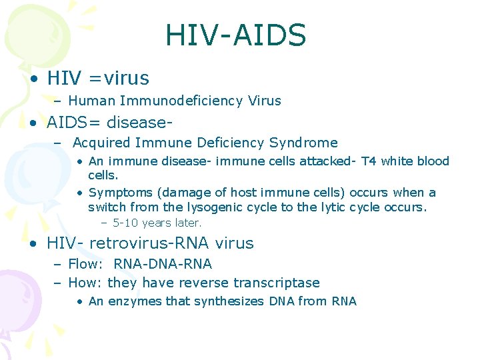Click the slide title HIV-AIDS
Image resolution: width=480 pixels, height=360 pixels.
pyautogui.click(x=235, y=35)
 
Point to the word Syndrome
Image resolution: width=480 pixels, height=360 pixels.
pyautogui.click(x=303, y=143)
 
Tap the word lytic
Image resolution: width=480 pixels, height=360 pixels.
pyautogui.click(x=328, y=207)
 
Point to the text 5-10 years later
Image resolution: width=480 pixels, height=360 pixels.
pyautogui.click(x=157, y=223)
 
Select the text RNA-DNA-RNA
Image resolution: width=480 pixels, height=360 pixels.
pyautogui.click(x=163, y=265)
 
